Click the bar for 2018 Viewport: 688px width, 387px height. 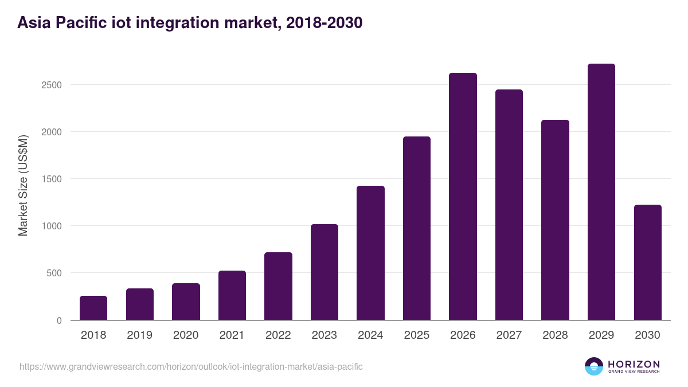pyautogui.click(x=93, y=308)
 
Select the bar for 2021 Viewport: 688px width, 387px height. pyautogui.click(x=232, y=295)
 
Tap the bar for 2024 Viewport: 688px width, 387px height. pyautogui.click(x=370, y=253)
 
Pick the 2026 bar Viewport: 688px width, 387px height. pyautogui.click(x=463, y=197)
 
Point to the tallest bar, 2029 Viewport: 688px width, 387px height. pyautogui.click(x=601, y=192)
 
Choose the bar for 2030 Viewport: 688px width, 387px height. pyautogui.click(x=647, y=263)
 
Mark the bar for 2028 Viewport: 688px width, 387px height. pyautogui.click(x=555, y=220)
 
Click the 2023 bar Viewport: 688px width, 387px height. pyautogui.click(x=325, y=272)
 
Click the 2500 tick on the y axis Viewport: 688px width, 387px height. pyautogui.click(x=51, y=85)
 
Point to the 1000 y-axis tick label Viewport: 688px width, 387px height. pyautogui.click(x=51, y=226)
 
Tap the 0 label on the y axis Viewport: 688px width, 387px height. pyautogui.click(x=58, y=320)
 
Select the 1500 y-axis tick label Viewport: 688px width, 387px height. pyautogui.click(x=51, y=179)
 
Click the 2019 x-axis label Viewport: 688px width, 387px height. pyautogui.click(x=140, y=335)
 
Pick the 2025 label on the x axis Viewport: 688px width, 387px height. pyautogui.click(x=417, y=335)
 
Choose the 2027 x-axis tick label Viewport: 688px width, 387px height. pyautogui.click(x=509, y=335)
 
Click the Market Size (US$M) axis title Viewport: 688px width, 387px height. pyautogui.click(x=23, y=185)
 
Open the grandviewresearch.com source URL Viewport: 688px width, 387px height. pyautogui.click(x=191, y=366)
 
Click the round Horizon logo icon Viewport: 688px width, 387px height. pyautogui.click(x=594, y=366)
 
